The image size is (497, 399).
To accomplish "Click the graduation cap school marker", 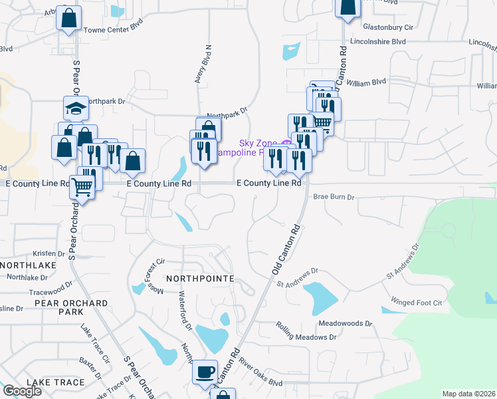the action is click(x=76, y=108).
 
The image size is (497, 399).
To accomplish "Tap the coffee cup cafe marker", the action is click(x=205, y=372).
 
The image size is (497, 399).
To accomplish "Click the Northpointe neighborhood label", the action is click(x=199, y=278).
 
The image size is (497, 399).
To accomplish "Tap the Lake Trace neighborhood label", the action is click(x=56, y=382).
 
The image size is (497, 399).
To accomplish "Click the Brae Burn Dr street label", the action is click(x=334, y=197).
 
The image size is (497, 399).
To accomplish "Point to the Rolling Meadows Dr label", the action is click(x=307, y=332).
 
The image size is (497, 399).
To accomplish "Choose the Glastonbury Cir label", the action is click(x=389, y=28).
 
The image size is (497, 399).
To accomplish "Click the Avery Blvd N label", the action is click(x=202, y=64).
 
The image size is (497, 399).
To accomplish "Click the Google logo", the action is click(x=22, y=391).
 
